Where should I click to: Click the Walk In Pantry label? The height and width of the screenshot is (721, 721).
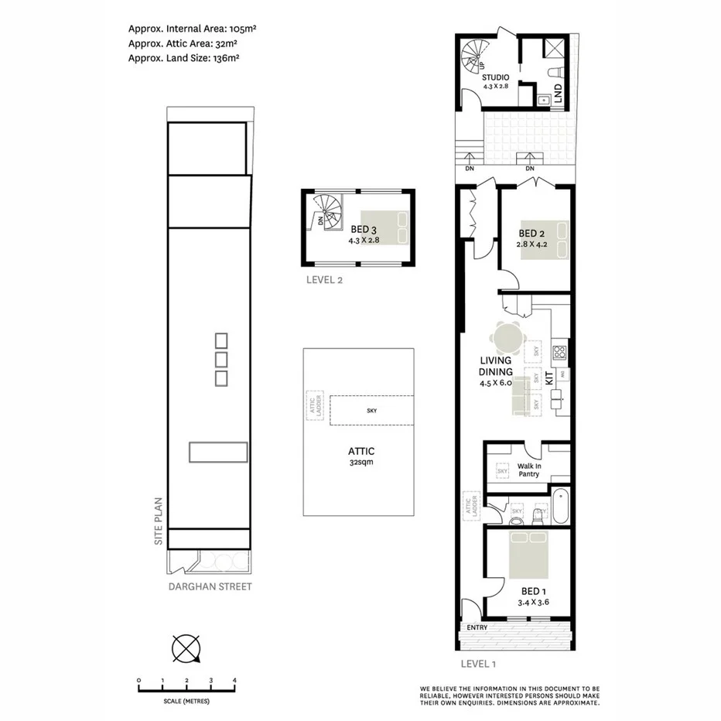point(529,469)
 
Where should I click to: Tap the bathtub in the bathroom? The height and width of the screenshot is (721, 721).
point(560,508)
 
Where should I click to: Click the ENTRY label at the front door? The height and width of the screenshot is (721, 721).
point(477,627)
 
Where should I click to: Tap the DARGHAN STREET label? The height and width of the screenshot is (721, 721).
point(210,586)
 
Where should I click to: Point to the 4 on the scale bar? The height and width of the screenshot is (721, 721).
point(234,681)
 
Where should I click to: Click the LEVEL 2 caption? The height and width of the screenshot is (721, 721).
point(324,281)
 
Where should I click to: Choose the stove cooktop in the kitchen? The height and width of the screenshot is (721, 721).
point(559,354)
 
